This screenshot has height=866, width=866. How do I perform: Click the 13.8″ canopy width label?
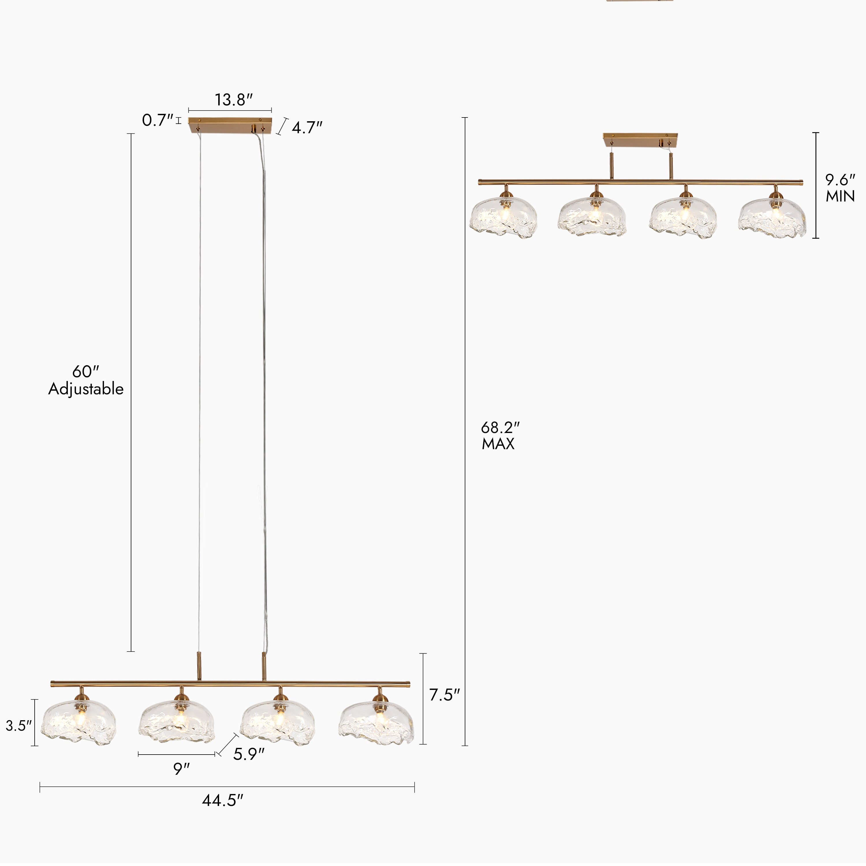click(234, 100)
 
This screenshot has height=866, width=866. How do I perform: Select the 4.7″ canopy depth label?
click(307, 128)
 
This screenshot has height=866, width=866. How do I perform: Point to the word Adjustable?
click(86, 389)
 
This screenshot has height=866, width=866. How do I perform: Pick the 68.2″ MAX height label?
click(500, 435)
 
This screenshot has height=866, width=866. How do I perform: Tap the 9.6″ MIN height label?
click(840, 188)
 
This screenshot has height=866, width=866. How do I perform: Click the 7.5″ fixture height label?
click(445, 695)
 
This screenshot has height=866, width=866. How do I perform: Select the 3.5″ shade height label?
click(19, 726)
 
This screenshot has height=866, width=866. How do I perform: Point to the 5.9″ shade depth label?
click(249, 754)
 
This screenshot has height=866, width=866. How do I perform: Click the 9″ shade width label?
click(182, 769)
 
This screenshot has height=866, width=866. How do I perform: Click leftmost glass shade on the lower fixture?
click(79, 723)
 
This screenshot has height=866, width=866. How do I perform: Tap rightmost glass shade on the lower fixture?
click(376, 723)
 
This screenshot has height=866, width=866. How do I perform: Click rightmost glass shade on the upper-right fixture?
click(772, 217)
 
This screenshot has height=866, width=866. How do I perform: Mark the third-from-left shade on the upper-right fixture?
click(683, 217)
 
